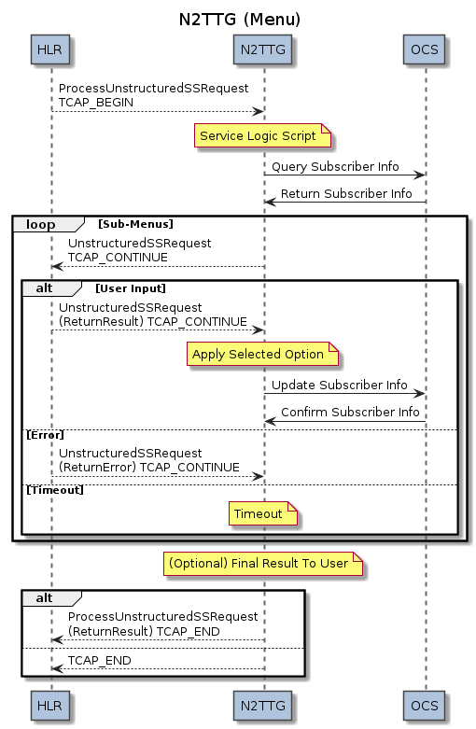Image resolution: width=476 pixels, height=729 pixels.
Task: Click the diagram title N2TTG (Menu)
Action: tap(240, 20)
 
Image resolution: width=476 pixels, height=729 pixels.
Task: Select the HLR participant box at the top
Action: tap(50, 49)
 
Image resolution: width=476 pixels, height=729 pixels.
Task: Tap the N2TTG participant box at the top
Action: tap(262, 49)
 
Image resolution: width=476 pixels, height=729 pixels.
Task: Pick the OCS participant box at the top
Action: tap(424, 49)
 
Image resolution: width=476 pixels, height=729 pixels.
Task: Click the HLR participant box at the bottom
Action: tap(50, 706)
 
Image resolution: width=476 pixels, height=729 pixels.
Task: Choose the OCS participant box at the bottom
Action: tap(424, 706)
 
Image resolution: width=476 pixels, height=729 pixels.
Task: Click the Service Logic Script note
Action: tap(262, 135)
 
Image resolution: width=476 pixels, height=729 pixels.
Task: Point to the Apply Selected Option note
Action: tap(262, 355)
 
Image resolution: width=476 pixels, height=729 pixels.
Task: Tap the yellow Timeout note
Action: tap(262, 513)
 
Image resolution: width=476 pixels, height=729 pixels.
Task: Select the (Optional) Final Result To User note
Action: tap(262, 564)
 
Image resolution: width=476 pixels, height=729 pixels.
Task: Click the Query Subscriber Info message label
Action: tap(335, 166)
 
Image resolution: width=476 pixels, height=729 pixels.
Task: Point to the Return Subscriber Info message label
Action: tap(346, 193)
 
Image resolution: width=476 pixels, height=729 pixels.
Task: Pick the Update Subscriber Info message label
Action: tap(340, 385)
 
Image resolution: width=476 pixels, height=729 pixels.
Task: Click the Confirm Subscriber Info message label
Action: tap(350, 412)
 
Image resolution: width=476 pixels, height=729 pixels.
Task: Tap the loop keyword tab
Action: tap(41, 225)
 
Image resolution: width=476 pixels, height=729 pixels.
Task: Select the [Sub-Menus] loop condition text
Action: tap(135, 224)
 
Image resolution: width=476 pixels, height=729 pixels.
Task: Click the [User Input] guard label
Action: tap(131, 288)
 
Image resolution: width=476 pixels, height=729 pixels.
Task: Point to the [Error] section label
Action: tap(45, 435)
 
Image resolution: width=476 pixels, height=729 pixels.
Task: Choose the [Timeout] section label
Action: tap(55, 490)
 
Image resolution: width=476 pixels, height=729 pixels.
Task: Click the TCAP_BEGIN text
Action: tap(96, 103)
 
